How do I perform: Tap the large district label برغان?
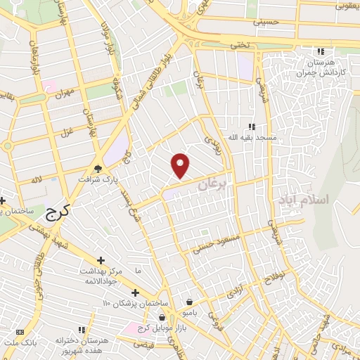coord(213,184)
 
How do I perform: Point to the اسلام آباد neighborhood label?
coord(303,200)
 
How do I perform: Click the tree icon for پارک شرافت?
coord(98,169)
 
